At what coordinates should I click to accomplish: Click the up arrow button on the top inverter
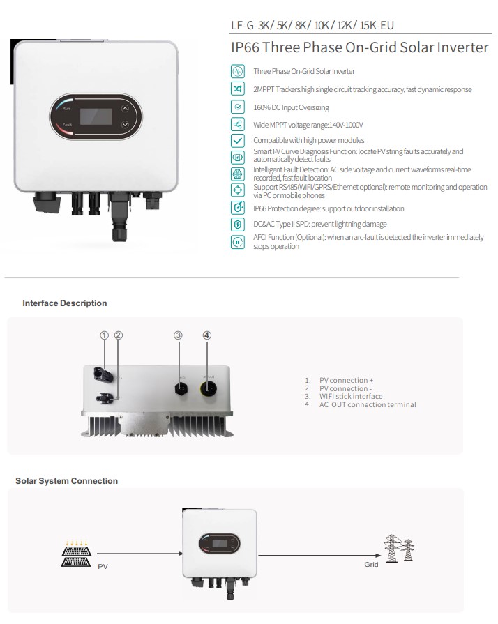(x=125, y=108)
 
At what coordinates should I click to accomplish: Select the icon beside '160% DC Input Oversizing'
(x=238, y=107)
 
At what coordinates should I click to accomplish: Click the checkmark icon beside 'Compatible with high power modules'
(x=238, y=141)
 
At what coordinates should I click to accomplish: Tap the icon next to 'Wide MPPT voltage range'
(x=238, y=124)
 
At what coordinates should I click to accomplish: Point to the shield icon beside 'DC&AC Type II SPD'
(x=238, y=224)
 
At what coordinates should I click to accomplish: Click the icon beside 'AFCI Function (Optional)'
(x=238, y=242)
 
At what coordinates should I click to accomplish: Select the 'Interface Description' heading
(x=65, y=303)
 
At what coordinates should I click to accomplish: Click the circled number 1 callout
(x=105, y=335)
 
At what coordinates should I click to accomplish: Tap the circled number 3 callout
(x=178, y=335)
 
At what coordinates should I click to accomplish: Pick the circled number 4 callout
(x=206, y=335)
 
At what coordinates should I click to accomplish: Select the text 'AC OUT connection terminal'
(x=368, y=404)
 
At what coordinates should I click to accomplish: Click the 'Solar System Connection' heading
(x=67, y=481)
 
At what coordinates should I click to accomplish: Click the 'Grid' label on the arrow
(x=371, y=564)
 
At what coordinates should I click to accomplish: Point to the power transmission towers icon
(x=398, y=547)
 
